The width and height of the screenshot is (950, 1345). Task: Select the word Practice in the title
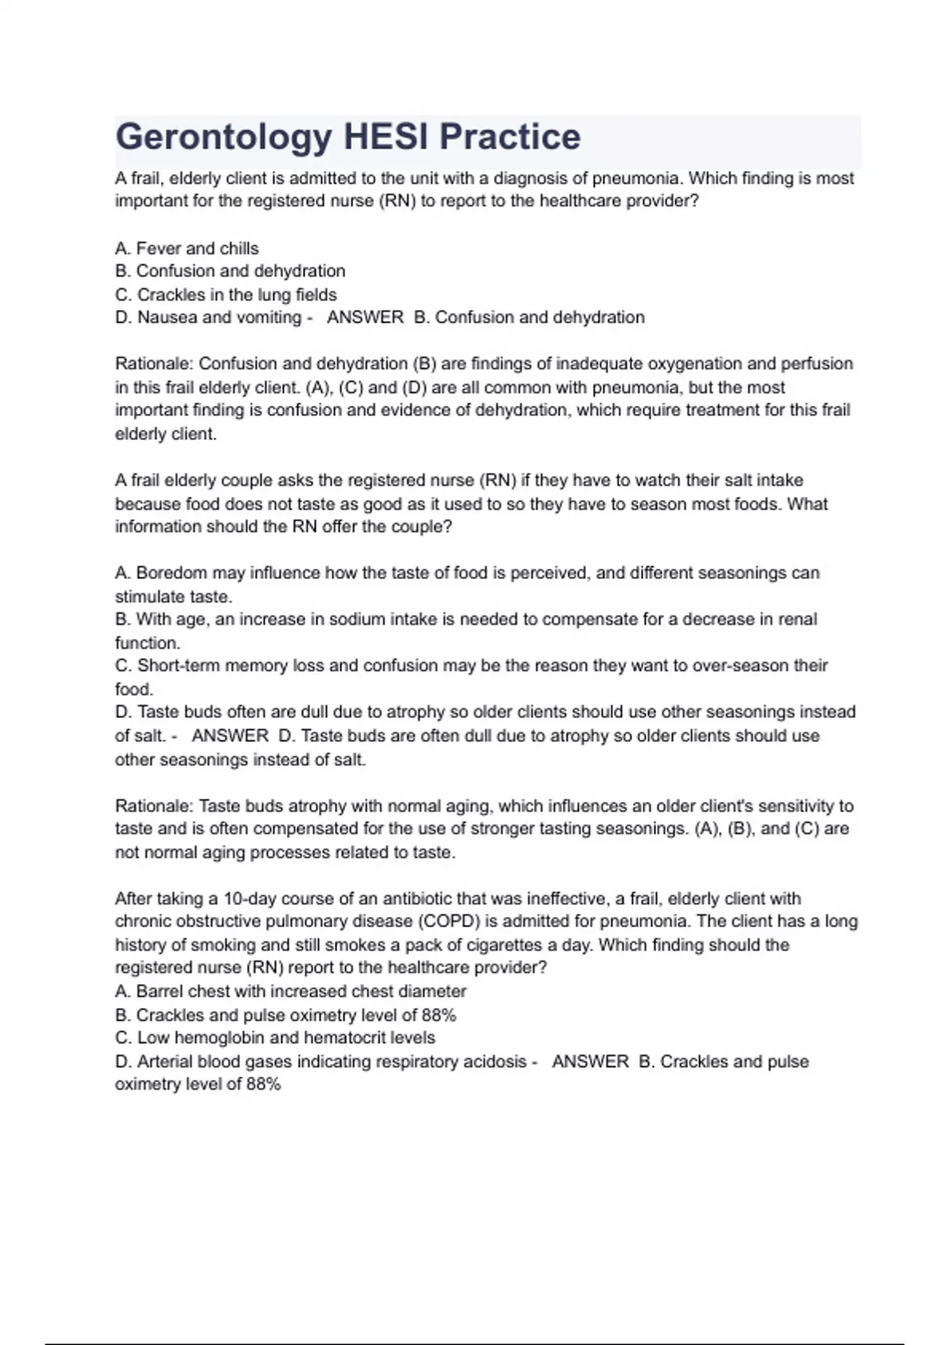tap(510, 137)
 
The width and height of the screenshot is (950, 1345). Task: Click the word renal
tap(796, 619)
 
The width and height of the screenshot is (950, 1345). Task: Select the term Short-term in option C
tap(179, 665)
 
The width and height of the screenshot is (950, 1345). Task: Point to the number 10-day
tap(250, 899)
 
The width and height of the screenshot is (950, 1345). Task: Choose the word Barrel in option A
tap(160, 991)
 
